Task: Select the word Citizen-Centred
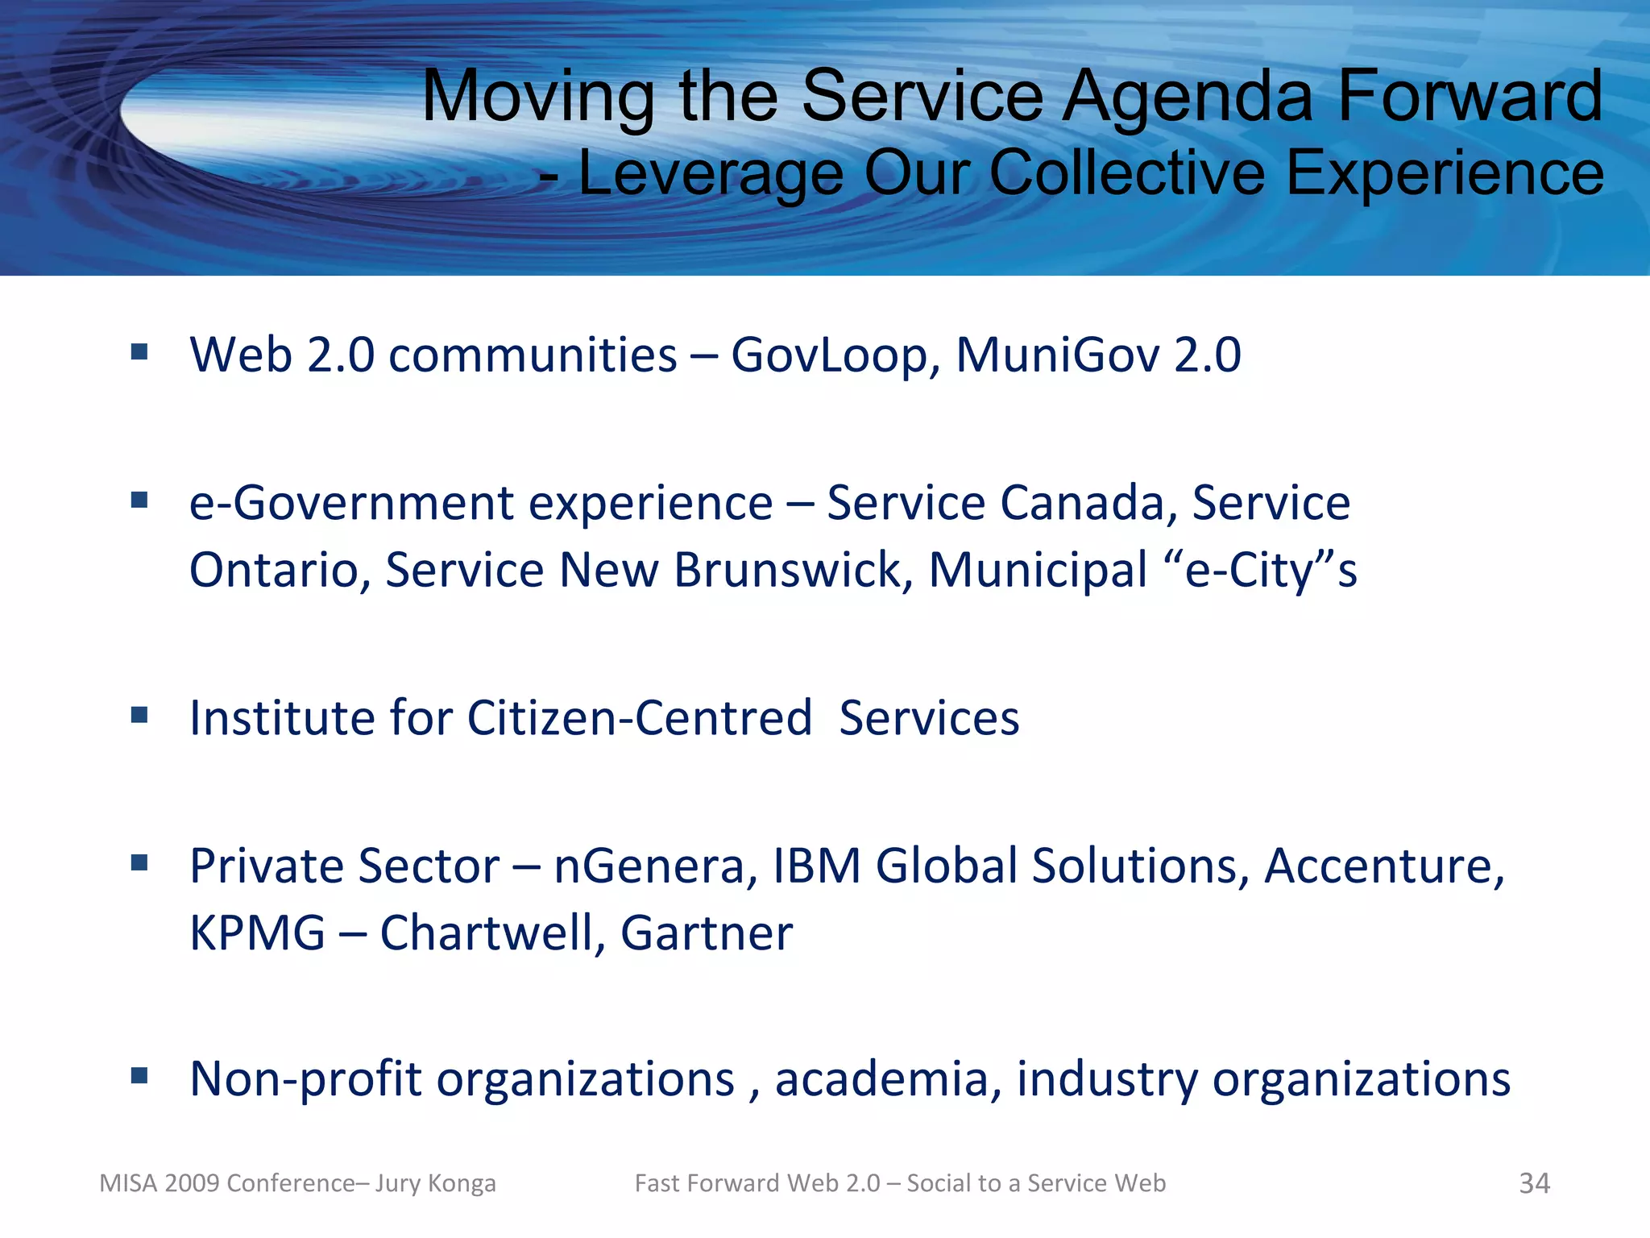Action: click(x=639, y=717)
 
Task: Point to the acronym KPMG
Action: click(x=257, y=933)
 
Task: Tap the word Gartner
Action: click(x=707, y=933)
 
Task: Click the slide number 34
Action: click(x=1534, y=1183)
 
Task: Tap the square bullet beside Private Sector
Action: click(x=139, y=863)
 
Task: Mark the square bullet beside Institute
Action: click(x=139, y=715)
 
